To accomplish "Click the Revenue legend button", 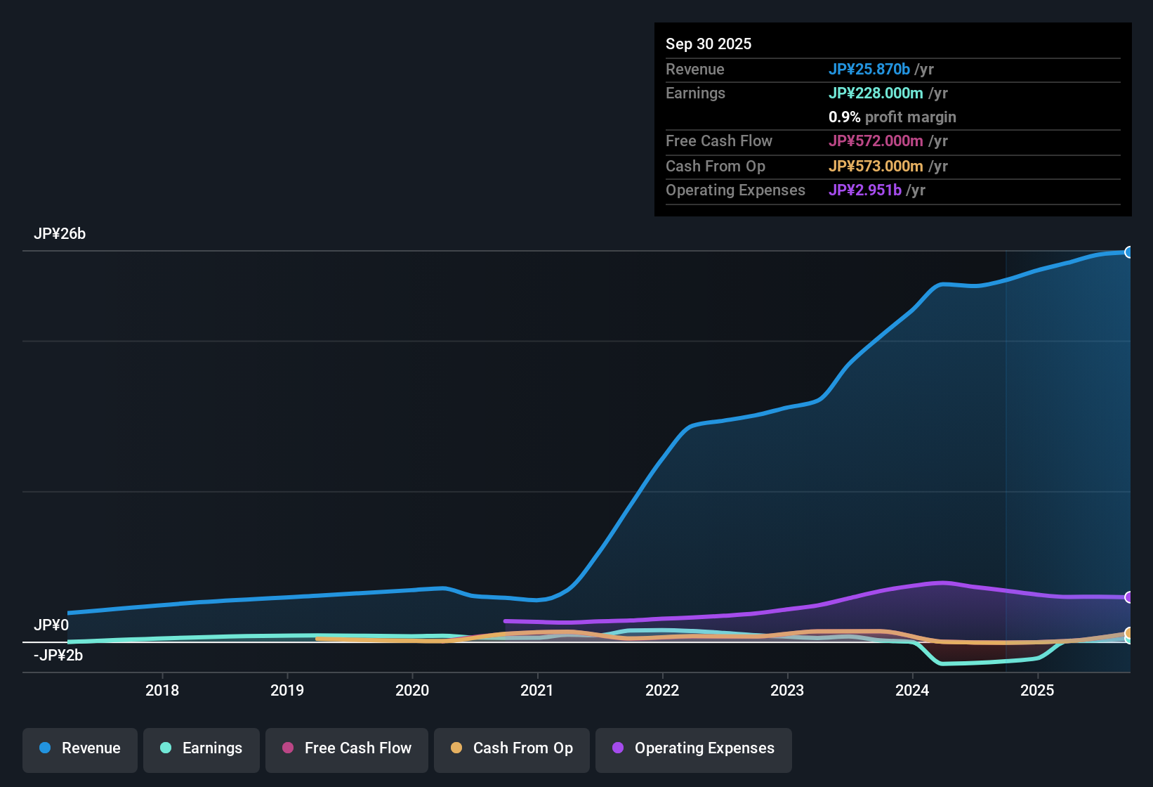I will click(80, 748).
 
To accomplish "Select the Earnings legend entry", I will click(202, 748).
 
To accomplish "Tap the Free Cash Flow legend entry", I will click(347, 748).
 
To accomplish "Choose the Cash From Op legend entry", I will click(512, 748).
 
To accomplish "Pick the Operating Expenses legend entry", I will click(694, 748).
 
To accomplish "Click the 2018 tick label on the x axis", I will click(162, 691).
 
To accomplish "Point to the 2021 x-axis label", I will click(537, 691).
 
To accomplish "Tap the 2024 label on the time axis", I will click(912, 691).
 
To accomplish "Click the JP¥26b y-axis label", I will click(60, 234).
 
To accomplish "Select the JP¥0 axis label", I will click(51, 625).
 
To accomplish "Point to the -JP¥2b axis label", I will click(58, 656).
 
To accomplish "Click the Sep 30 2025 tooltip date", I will click(709, 44).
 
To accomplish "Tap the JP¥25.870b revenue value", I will click(869, 70).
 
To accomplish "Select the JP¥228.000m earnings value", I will click(876, 93).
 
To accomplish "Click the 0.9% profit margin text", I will click(892, 117).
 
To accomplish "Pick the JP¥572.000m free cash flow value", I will click(876, 141).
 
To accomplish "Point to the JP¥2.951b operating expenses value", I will click(864, 190).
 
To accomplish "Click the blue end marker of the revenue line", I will click(1129, 252).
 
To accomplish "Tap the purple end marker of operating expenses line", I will click(1129, 597).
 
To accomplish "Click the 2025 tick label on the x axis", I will click(1037, 691).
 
